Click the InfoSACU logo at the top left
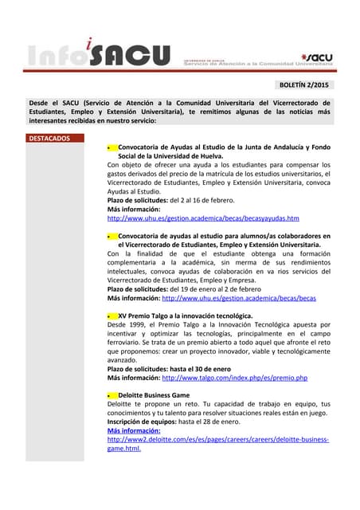point(100,53)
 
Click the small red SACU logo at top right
point(317,57)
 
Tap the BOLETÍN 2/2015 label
point(305,84)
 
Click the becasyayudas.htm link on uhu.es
point(203,218)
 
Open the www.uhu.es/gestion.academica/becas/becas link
point(239,298)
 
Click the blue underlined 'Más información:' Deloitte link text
point(134,430)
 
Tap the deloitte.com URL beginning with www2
point(217,439)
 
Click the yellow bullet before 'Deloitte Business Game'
point(112,395)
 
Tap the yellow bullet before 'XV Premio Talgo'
point(112,316)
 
